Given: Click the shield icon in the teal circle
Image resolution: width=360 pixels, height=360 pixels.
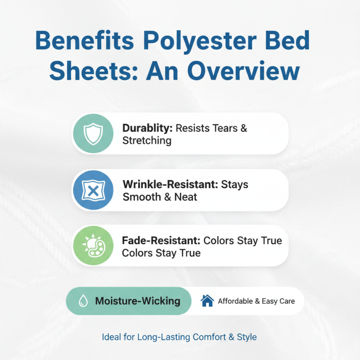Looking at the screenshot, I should pos(93,134).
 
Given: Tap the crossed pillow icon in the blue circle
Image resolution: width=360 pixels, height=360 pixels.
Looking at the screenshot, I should pos(93,190).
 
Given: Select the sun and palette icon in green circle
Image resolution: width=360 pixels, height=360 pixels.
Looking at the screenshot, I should pos(93,246).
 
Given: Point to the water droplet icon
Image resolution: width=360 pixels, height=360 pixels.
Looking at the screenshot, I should pos(83,301).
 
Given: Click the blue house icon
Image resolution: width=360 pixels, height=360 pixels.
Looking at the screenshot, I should pos(207,301).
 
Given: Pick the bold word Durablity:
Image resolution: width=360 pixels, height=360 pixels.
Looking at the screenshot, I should pos(147,128).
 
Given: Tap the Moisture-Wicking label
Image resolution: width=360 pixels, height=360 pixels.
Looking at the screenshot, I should pos(138,301).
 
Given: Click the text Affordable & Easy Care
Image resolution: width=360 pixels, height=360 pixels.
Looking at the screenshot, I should pos(256,301).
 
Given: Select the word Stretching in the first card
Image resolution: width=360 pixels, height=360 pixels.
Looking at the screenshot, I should pos(147,141).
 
